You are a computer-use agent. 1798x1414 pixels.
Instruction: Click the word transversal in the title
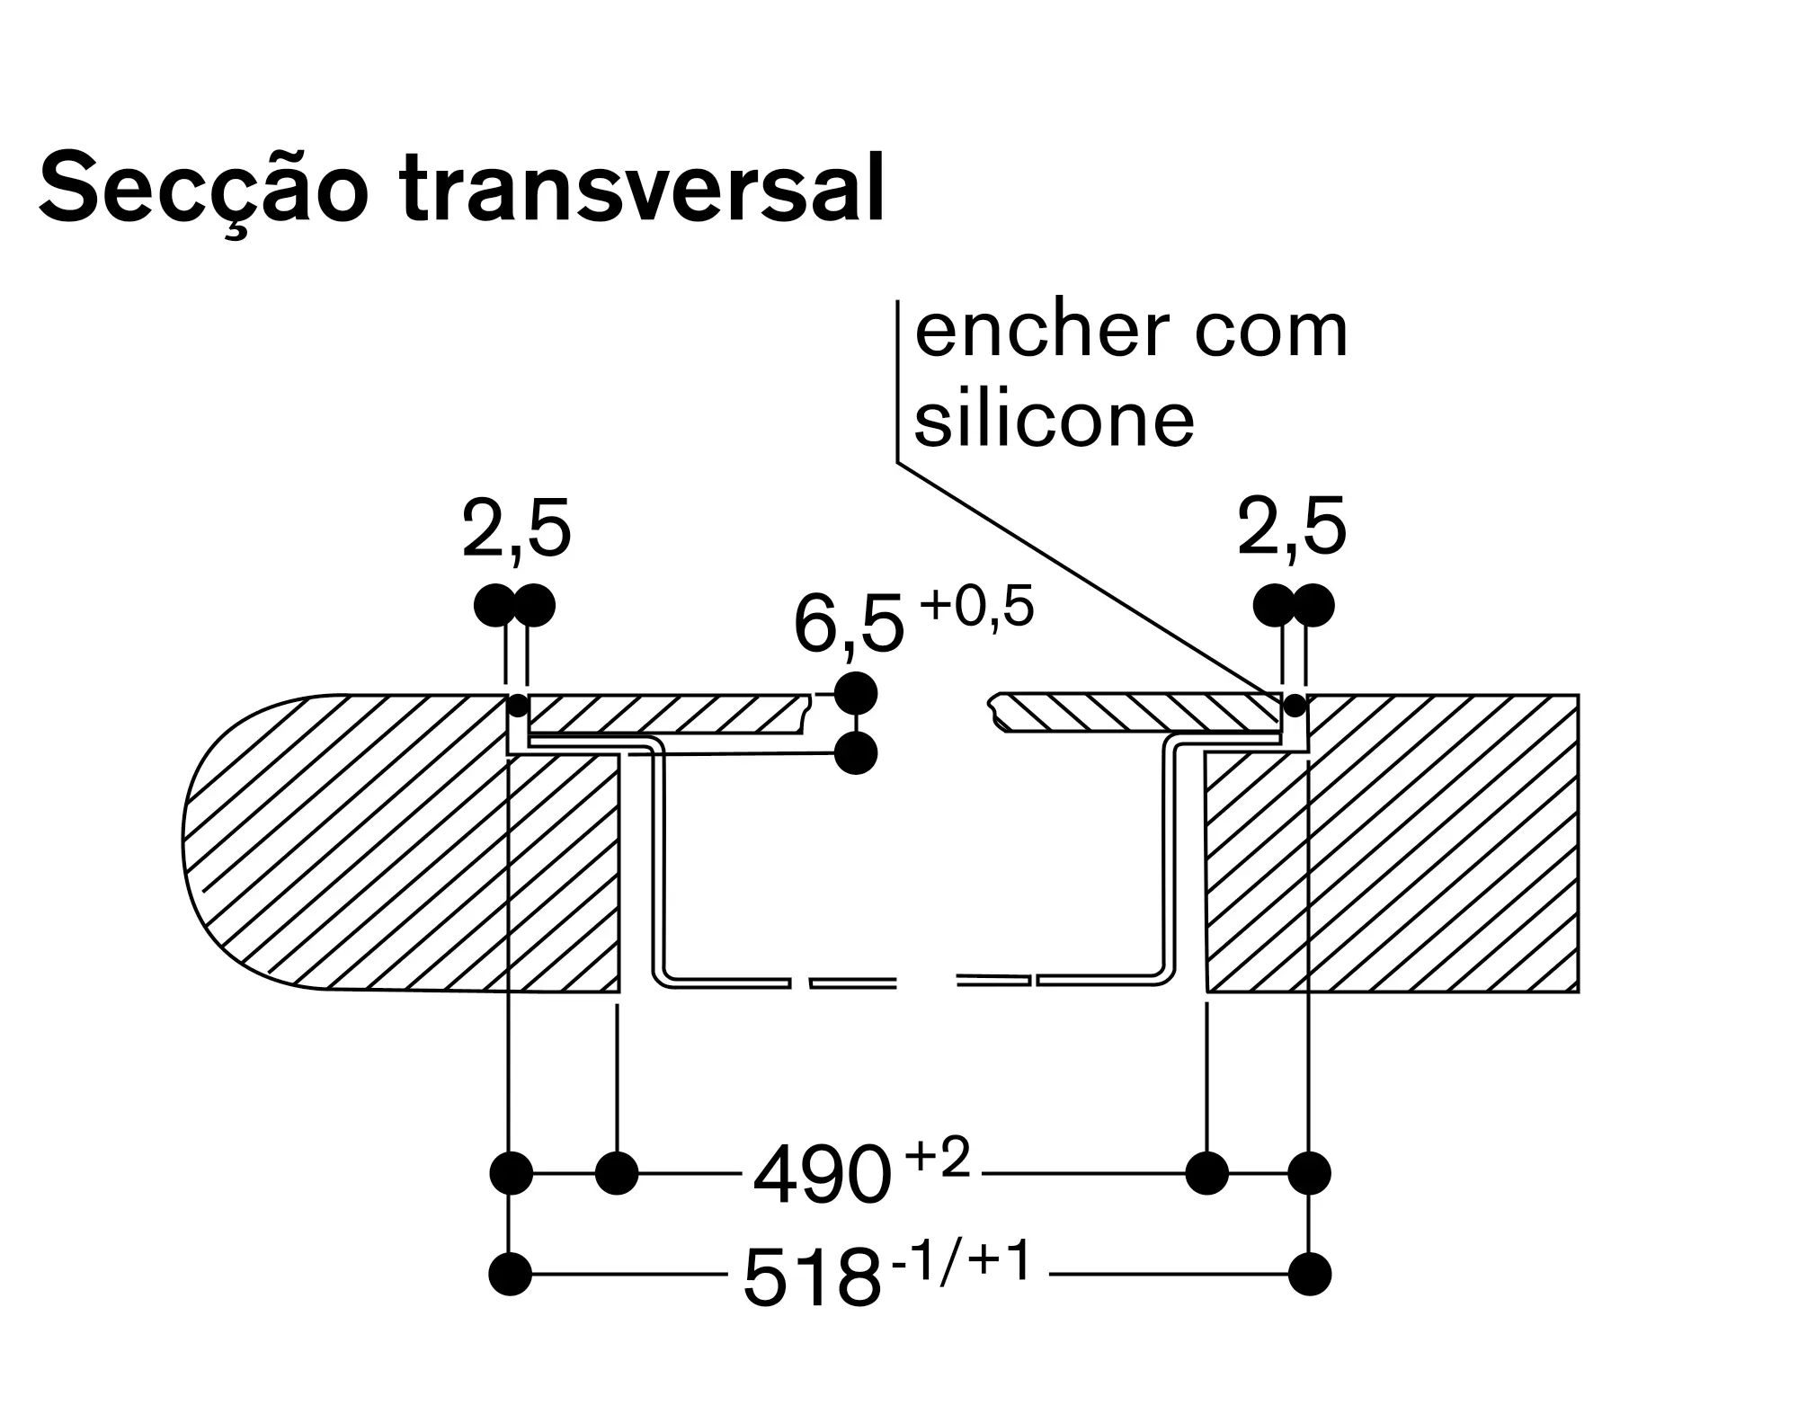point(642,190)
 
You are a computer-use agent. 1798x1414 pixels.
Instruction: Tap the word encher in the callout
point(1041,332)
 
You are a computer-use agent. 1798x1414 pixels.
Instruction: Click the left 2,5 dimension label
point(516,529)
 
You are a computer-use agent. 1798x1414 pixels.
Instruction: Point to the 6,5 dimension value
point(848,626)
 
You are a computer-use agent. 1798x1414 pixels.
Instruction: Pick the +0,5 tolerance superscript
point(976,607)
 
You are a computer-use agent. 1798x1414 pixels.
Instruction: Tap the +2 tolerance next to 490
point(939,1159)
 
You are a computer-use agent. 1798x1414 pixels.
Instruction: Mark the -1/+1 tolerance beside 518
point(960,1261)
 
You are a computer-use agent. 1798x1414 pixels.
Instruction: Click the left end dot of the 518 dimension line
point(511,1275)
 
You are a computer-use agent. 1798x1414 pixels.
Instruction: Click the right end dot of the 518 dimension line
point(1309,1275)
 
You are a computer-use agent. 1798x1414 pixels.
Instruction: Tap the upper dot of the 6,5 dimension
point(855,693)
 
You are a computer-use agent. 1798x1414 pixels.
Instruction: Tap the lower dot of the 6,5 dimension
point(855,753)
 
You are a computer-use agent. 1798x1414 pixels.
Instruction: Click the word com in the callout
point(1271,332)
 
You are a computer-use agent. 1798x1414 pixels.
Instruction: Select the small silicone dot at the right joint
point(1295,706)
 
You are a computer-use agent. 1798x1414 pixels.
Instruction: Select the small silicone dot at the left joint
point(518,706)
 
